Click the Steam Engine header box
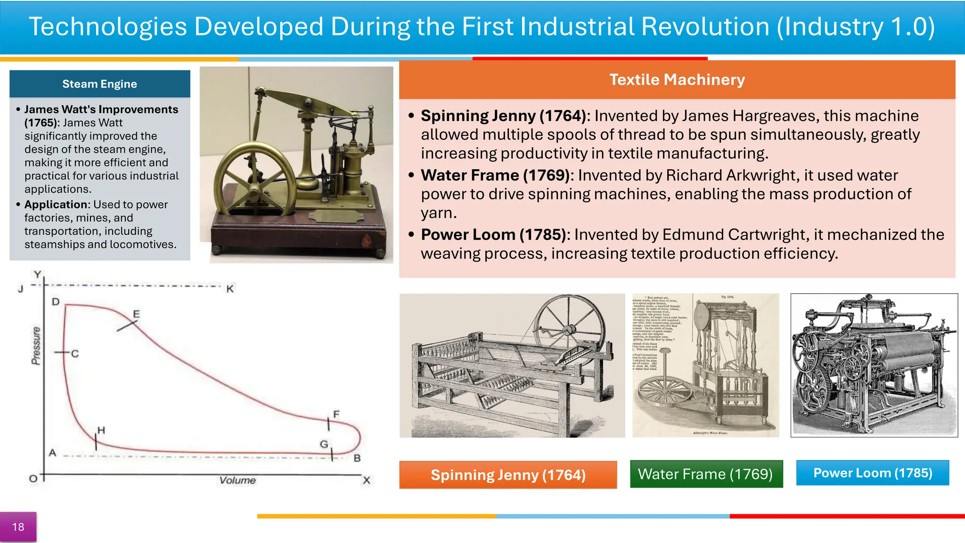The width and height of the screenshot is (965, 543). (99, 84)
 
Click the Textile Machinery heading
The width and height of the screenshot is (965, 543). (677, 80)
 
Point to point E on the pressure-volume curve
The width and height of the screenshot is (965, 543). (136, 314)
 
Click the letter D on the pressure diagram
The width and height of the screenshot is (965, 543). (56, 302)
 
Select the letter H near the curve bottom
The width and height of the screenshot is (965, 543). (101, 430)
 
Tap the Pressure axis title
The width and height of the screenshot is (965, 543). (36, 346)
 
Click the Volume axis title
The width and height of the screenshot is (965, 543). (237, 480)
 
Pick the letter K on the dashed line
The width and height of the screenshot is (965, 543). (230, 289)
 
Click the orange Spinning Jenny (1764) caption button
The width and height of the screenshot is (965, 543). (507, 475)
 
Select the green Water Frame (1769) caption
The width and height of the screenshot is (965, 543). (705, 474)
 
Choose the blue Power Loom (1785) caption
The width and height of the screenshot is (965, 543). (872, 473)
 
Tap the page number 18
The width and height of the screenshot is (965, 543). (18, 527)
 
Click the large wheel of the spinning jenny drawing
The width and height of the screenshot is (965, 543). (570, 330)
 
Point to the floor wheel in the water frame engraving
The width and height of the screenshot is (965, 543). (664, 391)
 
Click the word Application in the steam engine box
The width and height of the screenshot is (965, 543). (56, 205)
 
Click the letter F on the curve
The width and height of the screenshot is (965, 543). (336, 414)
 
